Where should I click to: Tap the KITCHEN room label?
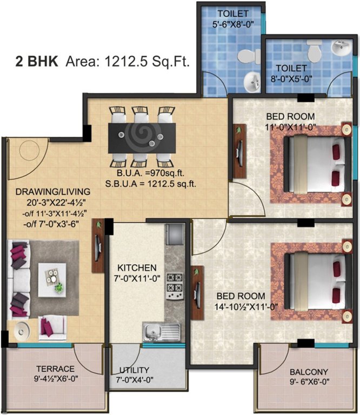137,267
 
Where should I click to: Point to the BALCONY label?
308,372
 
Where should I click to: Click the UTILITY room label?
135,370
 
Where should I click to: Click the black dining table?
141,138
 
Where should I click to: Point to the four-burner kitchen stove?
175,286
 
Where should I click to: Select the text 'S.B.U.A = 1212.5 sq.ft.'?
151,183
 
